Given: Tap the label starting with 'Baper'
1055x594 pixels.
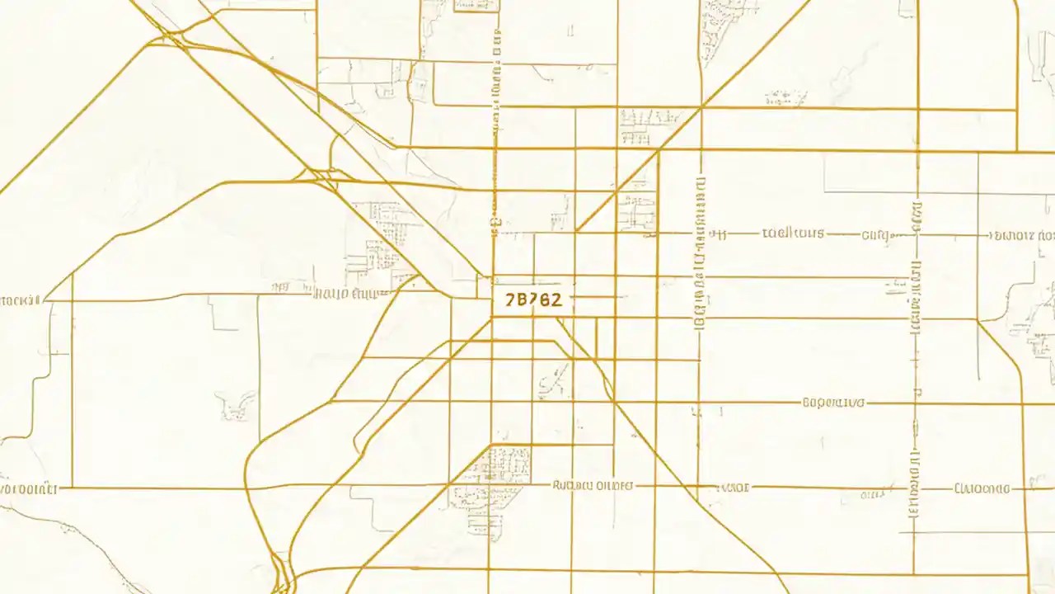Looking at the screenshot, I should point(833,403).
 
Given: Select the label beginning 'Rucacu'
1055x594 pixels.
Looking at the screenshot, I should point(593,486).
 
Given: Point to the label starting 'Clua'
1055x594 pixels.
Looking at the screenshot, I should point(982,488).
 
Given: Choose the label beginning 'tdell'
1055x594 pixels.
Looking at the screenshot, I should point(793,233).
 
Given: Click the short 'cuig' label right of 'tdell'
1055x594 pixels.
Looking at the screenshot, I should point(877,234).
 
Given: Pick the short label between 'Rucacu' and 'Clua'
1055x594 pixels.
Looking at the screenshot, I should point(734,488).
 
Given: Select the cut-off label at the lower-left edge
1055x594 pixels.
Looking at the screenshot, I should point(28,488).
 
